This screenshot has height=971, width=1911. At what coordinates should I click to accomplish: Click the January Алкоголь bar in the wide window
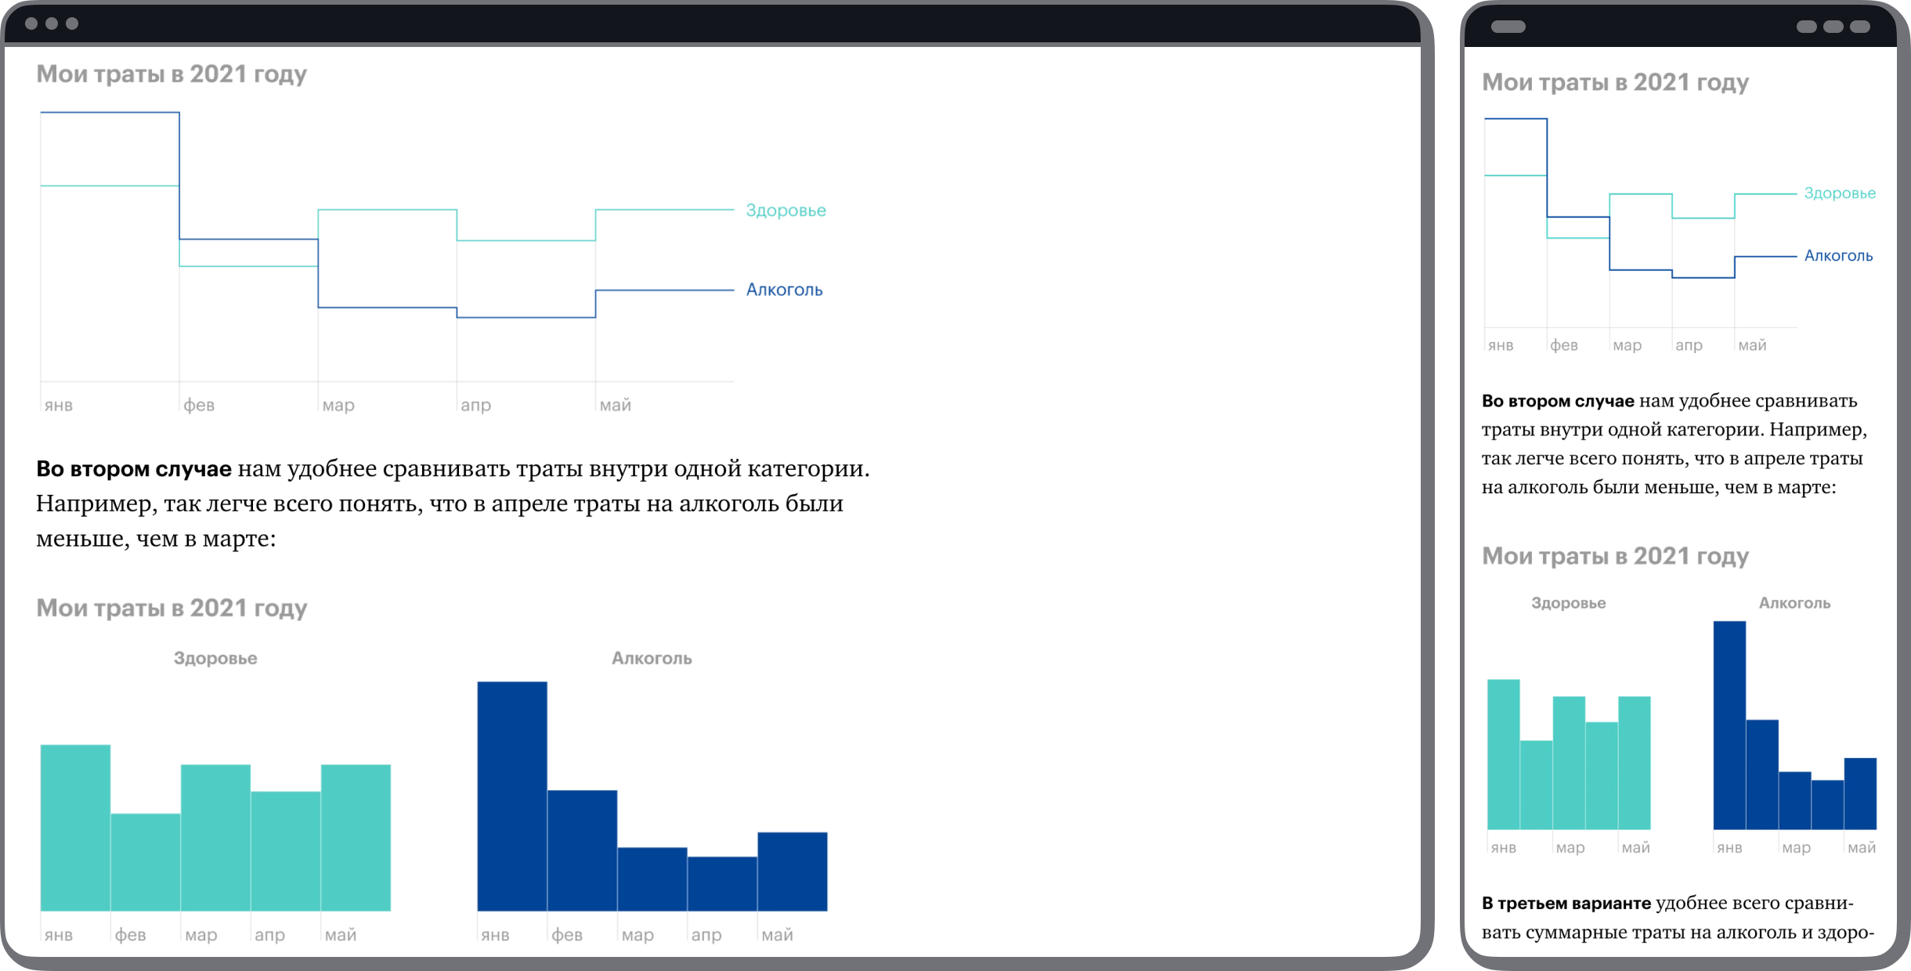[x=512, y=796]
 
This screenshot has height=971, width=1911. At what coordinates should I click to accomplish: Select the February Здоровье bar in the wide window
[x=146, y=861]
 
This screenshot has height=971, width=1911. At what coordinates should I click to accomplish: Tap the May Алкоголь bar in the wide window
[x=793, y=871]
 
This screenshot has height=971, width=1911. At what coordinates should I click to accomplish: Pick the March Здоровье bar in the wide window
[x=215, y=837]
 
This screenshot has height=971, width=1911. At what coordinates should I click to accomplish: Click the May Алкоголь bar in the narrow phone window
[x=1860, y=793]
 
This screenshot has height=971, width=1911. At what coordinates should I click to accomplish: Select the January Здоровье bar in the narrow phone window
[x=1504, y=754]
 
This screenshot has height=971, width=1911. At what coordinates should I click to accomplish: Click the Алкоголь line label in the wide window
[x=784, y=290]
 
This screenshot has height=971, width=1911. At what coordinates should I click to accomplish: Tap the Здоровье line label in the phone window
[x=1840, y=193]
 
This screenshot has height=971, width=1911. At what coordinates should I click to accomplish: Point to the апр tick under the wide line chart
[x=475, y=405]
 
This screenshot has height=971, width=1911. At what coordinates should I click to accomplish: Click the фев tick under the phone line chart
[x=1564, y=345]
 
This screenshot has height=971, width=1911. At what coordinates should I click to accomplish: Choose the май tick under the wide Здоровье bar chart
[x=341, y=934]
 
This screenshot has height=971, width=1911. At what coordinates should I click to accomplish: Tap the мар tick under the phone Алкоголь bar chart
[x=1796, y=847]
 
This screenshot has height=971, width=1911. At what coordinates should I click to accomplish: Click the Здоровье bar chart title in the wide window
[x=215, y=658]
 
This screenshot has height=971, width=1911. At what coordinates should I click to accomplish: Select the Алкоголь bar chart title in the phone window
[x=1794, y=603]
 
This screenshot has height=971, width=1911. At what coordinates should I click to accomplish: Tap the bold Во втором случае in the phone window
[x=1558, y=401]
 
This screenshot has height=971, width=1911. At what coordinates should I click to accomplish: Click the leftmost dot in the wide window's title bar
[x=31, y=23]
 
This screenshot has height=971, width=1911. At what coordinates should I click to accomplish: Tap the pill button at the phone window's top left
[x=1508, y=27]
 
